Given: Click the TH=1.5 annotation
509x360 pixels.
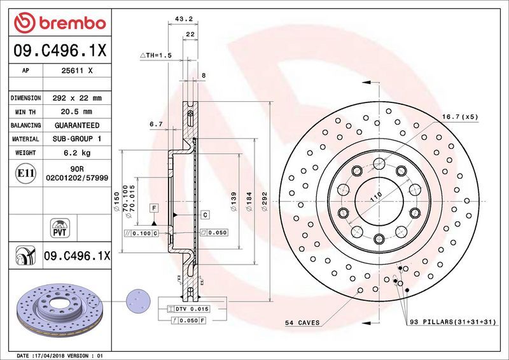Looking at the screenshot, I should click(156, 56).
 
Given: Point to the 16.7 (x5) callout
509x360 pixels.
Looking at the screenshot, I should click(459, 116).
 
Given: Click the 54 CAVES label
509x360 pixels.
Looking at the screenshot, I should click(302, 323).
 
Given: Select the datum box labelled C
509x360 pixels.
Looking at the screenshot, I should click(205, 216).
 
